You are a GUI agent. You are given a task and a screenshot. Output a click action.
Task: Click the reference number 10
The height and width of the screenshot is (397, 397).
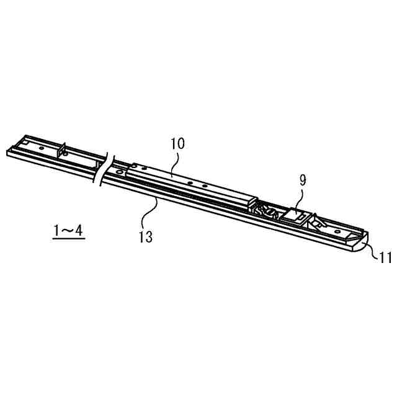point(177,144)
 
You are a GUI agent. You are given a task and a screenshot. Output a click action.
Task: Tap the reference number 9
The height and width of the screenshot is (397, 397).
point(302,180)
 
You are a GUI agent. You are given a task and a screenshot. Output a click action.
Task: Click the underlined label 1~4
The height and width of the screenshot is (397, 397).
point(68,231)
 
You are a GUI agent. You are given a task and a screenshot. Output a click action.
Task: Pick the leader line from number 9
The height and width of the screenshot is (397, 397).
point(299,198)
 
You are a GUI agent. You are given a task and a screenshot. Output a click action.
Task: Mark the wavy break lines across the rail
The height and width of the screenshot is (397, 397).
point(103,169)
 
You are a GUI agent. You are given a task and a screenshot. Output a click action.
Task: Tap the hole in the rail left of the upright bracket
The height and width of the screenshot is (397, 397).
point(42,149)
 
